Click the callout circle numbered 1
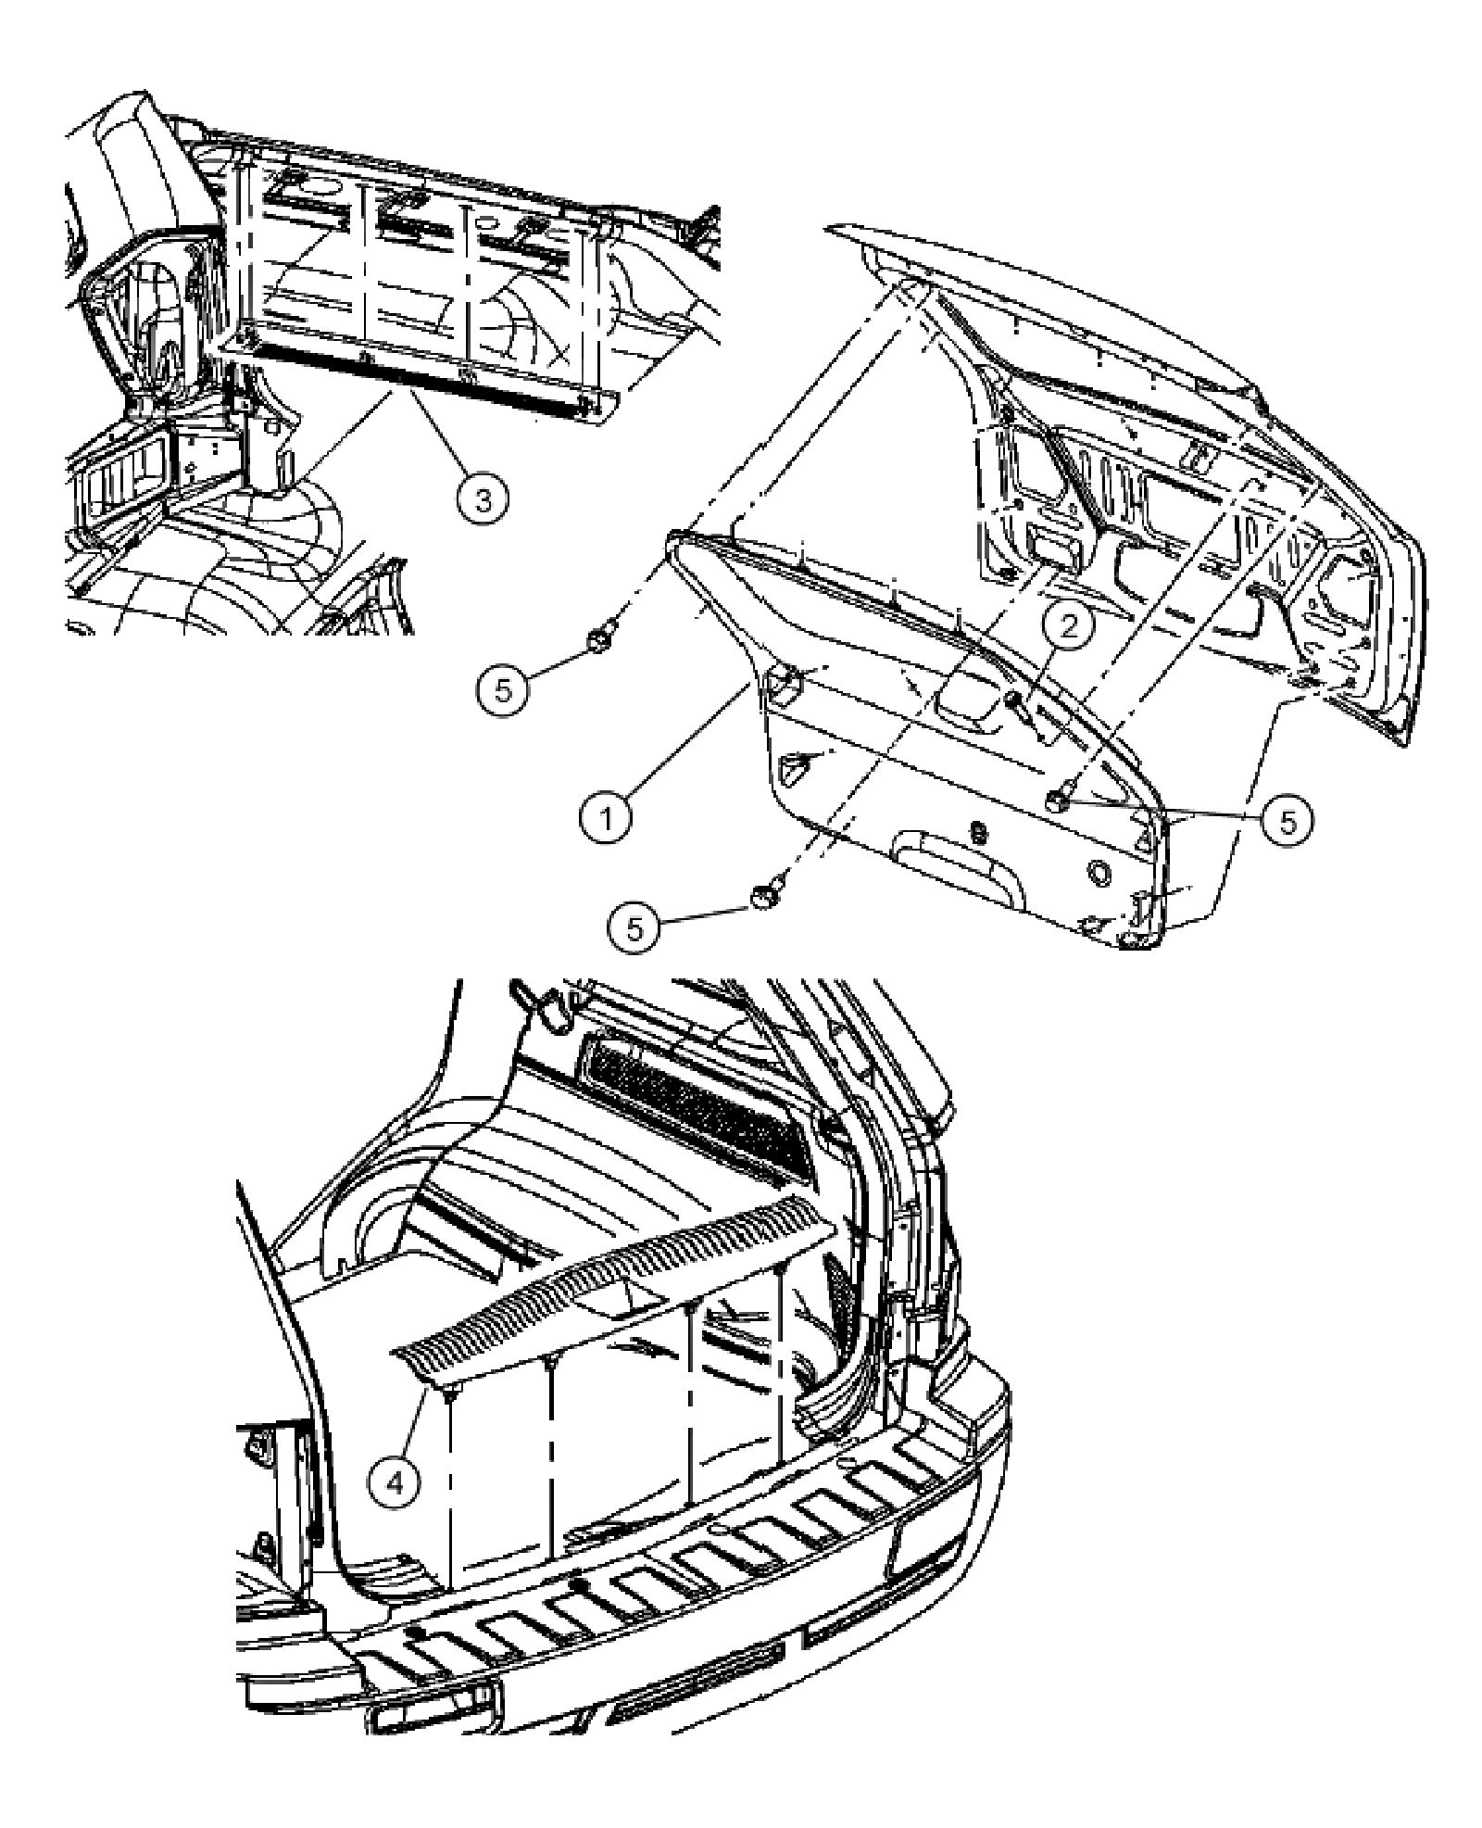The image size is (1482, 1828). click(607, 819)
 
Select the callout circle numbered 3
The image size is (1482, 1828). click(484, 499)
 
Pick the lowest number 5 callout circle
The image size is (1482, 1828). click(634, 927)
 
